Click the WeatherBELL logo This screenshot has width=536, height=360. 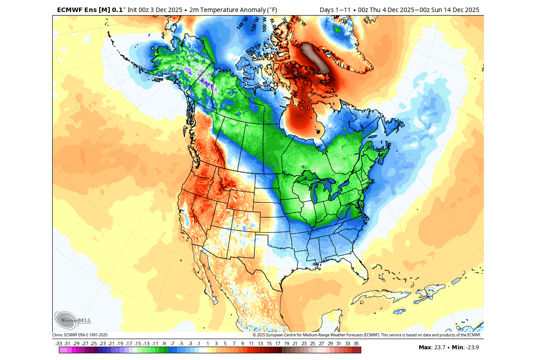(73, 320)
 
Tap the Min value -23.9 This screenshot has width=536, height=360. (472, 348)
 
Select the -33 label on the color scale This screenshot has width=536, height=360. (58, 344)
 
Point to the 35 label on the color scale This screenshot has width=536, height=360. (356, 344)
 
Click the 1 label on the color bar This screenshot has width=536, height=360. (207, 344)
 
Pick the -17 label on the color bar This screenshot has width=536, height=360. (128, 344)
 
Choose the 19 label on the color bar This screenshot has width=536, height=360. (286, 344)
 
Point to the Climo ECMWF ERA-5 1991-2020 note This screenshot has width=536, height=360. (80, 335)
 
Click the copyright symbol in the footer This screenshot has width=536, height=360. (254, 335)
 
